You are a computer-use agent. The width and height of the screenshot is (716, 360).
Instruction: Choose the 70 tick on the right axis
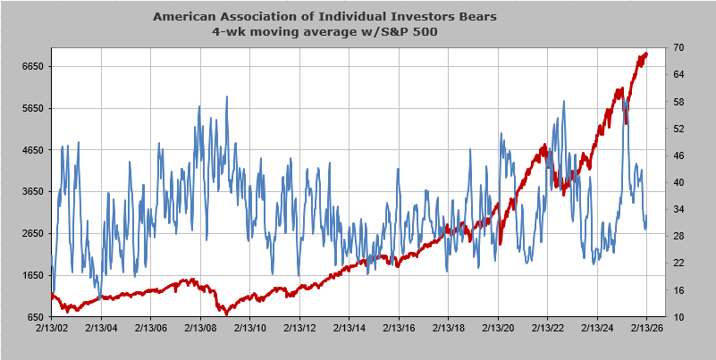pyautogui.click(x=678, y=47)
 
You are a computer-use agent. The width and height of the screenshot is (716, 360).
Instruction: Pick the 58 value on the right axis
pyautogui.click(x=678, y=102)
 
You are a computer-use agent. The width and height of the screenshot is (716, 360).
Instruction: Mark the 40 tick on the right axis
pyautogui.click(x=678, y=182)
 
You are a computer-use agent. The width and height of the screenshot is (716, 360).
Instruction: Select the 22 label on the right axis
pyautogui.click(x=678, y=263)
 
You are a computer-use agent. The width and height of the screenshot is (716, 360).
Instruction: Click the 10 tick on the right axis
pyautogui.click(x=678, y=317)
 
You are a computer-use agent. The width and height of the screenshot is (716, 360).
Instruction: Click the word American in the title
pyautogui.click(x=185, y=16)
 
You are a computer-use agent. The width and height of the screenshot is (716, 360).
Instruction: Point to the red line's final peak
pyautogui.click(x=645, y=54)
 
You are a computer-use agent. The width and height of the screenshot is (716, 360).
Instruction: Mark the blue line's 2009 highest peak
pyautogui.click(x=226, y=96)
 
